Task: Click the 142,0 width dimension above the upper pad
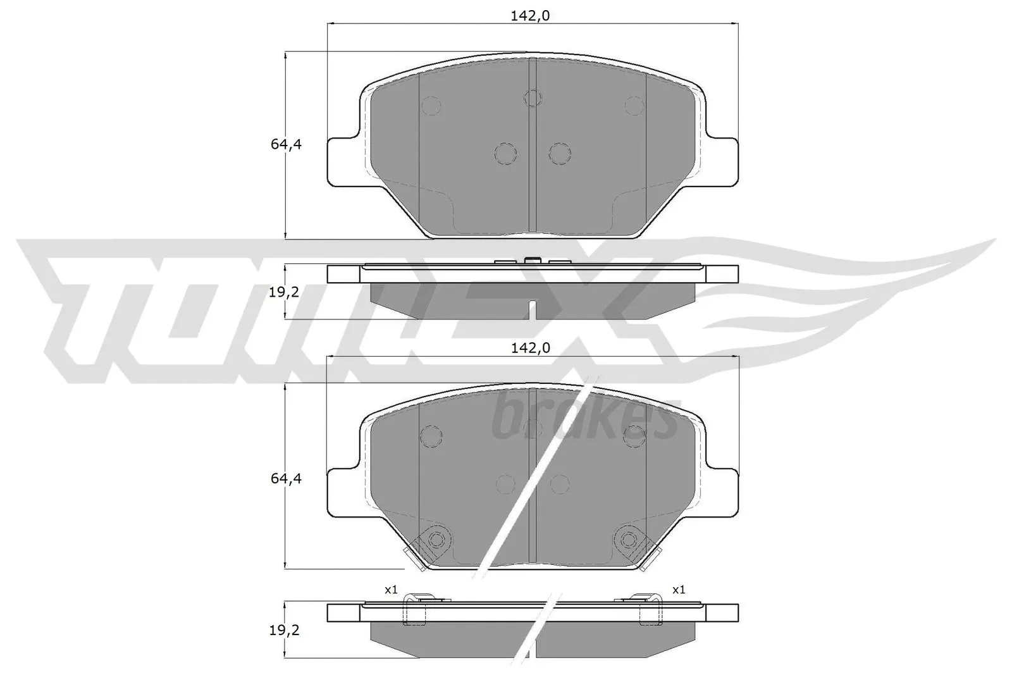(x=530, y=16)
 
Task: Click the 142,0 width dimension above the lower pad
(x=531, y=348)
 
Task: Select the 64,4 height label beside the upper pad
(x=286, y=144)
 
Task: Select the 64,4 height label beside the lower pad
(x=286, y=478)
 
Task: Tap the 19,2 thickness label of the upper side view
(x=284, y=292)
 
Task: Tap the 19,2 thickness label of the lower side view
(x=284, y=630)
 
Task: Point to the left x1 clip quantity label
(x=391, y=590)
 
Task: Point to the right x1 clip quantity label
(x=679, y=590)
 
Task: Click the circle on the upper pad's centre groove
(x=533, y=98)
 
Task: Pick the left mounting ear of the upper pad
(x=344, y=161)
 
